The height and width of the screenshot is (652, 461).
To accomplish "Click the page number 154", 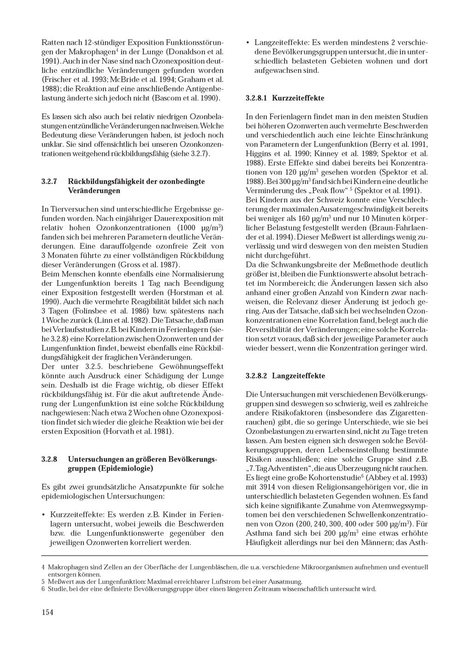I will tap(47, 612).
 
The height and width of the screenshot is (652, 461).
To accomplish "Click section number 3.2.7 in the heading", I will tap(49, 181).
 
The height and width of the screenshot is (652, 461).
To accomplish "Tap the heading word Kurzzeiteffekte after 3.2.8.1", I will tap(298, 98).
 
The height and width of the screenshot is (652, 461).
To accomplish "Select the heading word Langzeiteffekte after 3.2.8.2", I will tap(298, 376).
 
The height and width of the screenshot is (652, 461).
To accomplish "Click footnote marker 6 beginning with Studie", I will tap(43, 589).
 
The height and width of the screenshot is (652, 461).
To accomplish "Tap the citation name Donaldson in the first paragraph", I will tap(186, 51).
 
